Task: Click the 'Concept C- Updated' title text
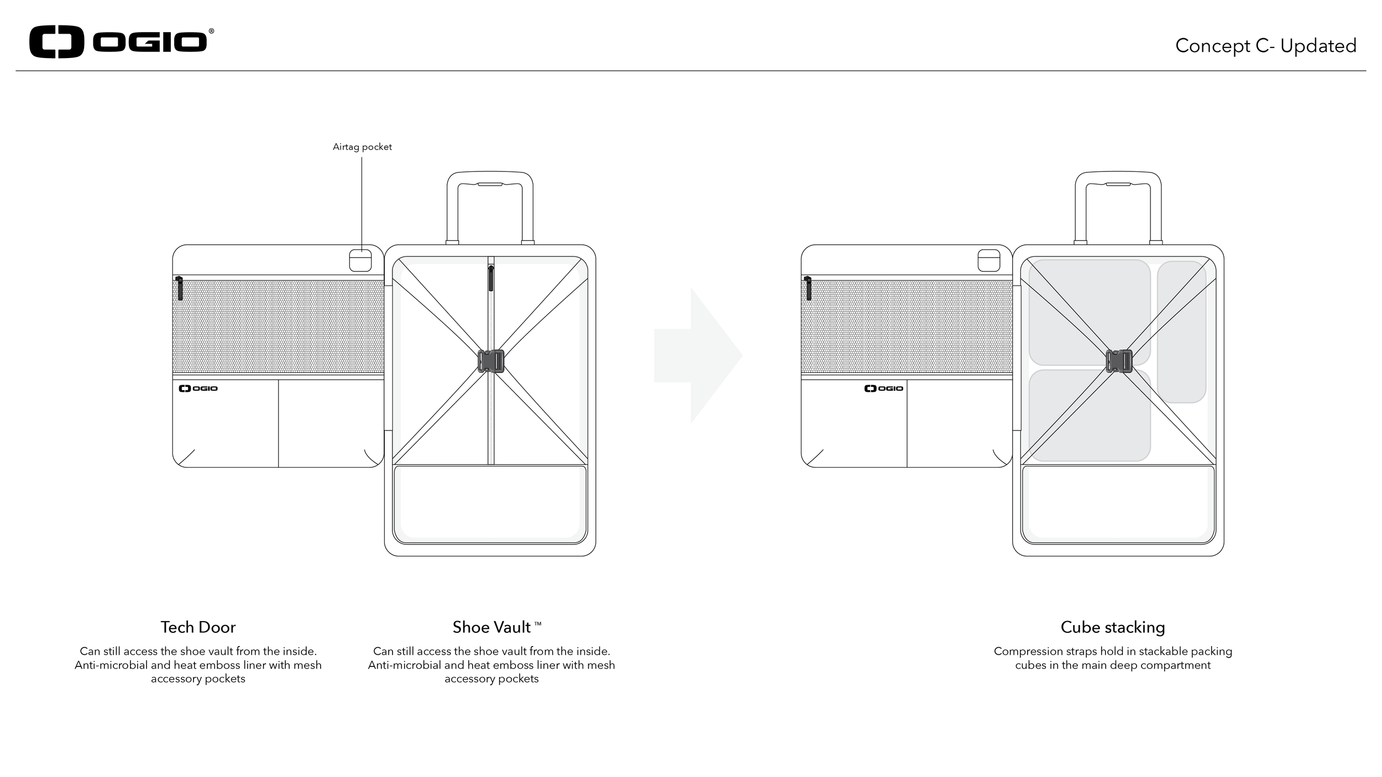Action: (x=1265, y=46)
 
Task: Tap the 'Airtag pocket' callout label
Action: (x=362, y=147)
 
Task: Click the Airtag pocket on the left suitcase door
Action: (x=360, y=260)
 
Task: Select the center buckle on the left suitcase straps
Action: (x=491, y=361)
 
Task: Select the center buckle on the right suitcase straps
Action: (x=1119, y=361)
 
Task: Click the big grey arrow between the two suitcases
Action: (x=698, y=355)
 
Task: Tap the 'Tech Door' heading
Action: (x=198, y=627)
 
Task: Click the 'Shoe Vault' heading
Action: (x=491, y=627)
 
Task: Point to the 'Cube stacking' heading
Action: (x=1112, y=627)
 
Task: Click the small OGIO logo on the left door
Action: (x=198, y=389)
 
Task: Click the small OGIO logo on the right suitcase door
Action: (x=883, y=389)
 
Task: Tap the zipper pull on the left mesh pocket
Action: (x=180, y=288)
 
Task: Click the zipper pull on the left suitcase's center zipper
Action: (x=491, y=279)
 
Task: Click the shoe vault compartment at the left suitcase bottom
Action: (x=490, y=503)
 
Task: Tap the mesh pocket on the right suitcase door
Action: (x=907, y=327)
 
